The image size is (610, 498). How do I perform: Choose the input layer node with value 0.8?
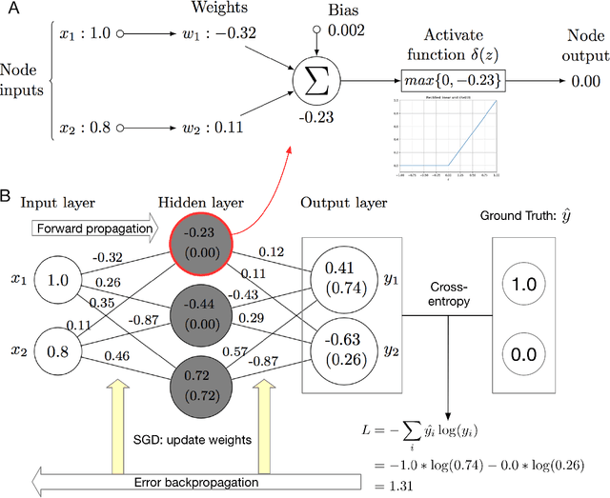pyautogui.click(x=58, y=350)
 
